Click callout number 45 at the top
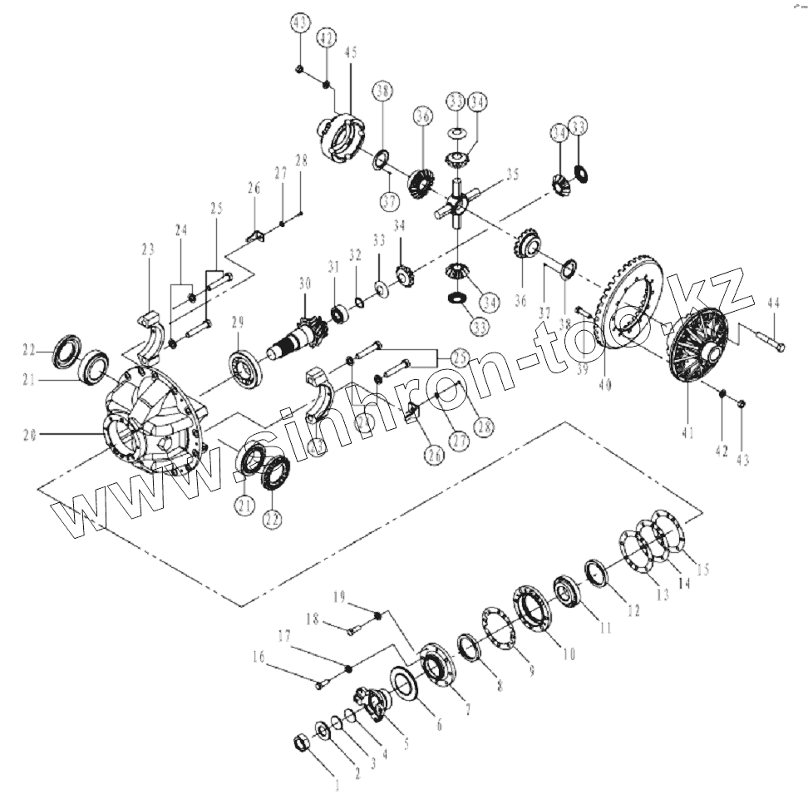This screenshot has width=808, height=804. point(351,52)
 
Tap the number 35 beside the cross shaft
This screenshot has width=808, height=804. point(511,175)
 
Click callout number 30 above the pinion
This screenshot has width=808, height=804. point(304,284)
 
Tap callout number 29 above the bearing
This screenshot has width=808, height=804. point(237,321)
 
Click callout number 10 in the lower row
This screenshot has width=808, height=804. point(569,654)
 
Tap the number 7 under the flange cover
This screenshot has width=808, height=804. point(467,709)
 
